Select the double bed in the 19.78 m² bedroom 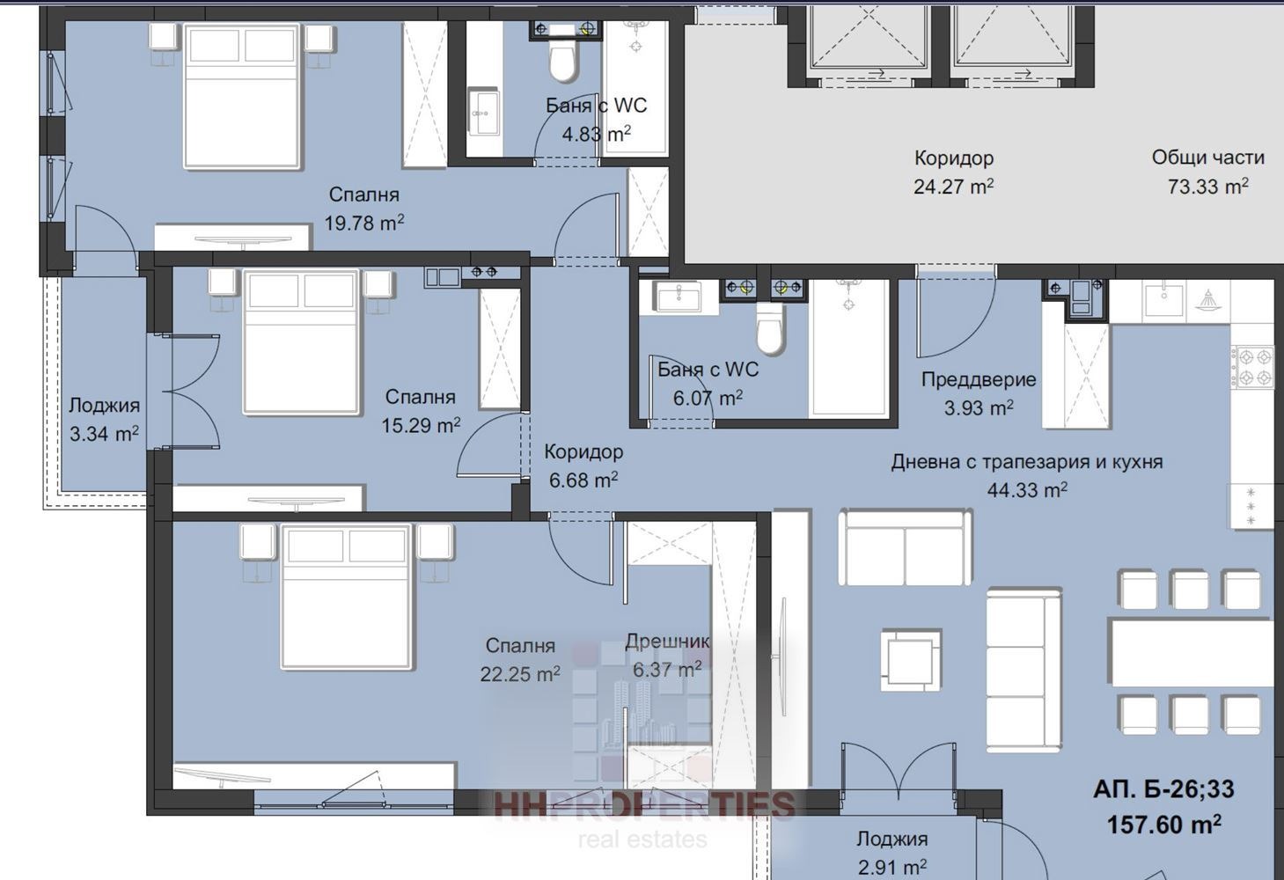coord(243,96)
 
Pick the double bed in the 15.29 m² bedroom coord(302,341)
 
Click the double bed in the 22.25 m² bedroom coord(347,597)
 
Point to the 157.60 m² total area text coord(1164,825)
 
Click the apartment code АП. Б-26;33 coord(1163,789)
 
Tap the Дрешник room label coord(667,641)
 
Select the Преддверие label coord(979,379)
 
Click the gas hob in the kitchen coord(1255,367)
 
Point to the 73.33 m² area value coord(1207,187)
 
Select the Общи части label coord(1207,158)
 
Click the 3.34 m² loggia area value coord(104,434)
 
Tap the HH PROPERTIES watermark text coord(644,805)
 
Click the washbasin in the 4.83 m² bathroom coord(484,112)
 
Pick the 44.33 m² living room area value coord(1027,490)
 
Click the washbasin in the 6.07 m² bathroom coord(679,297)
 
